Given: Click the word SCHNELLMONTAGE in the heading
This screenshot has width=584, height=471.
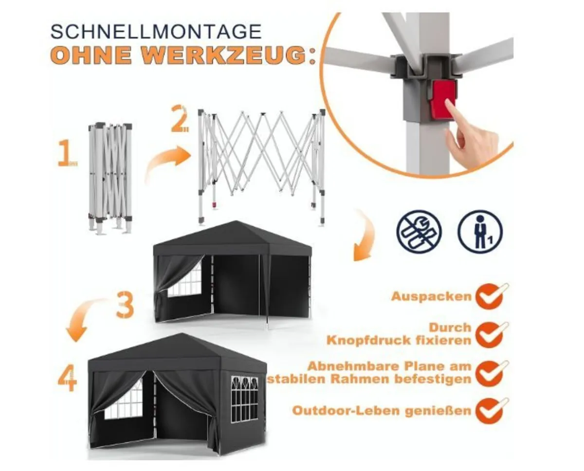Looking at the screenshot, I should (156, 32).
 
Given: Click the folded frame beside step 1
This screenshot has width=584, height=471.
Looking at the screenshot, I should (110, 178).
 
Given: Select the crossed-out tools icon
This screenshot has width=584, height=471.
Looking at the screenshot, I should (419, 231).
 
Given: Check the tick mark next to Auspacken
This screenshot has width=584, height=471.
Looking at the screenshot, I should (490, 296).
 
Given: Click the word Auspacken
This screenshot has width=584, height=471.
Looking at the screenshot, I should (431, 296).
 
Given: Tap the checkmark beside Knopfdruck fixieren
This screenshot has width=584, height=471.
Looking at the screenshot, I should (490, 334).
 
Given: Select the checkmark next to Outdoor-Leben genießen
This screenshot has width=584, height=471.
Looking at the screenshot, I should (490, 411).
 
